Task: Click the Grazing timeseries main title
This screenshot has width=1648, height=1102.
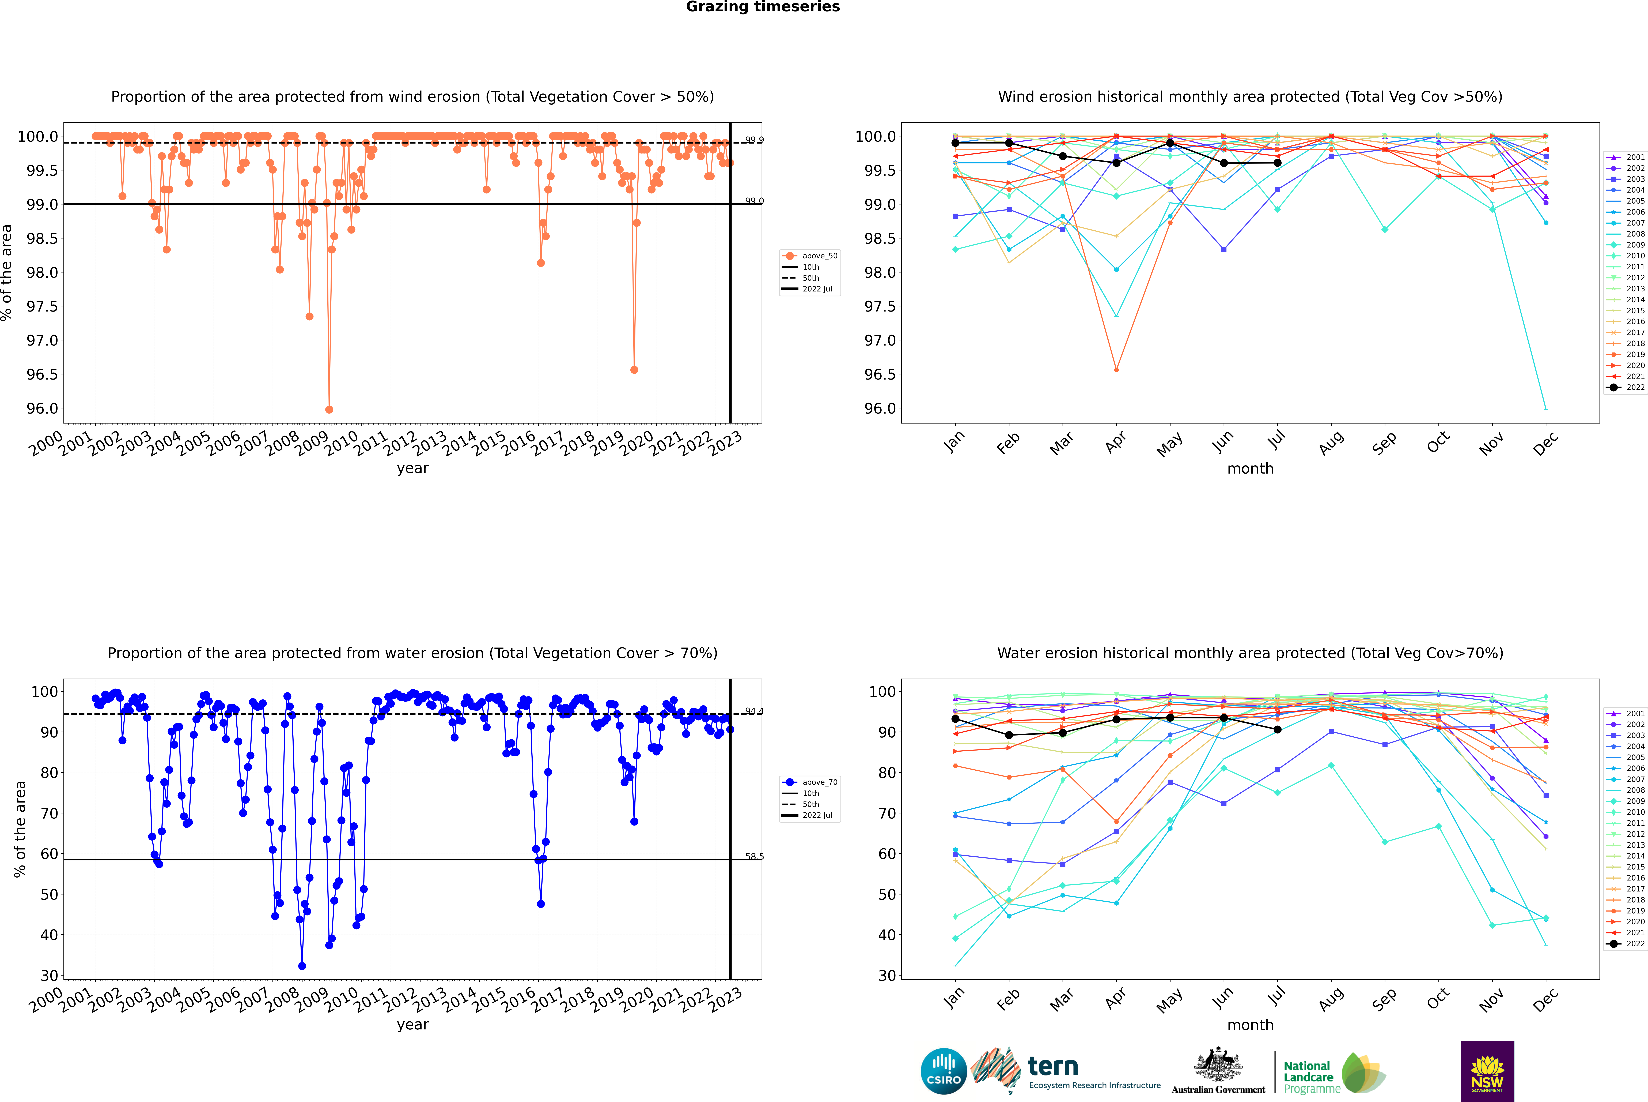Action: (763, 7)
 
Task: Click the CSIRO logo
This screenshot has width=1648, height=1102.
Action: (944, 1071)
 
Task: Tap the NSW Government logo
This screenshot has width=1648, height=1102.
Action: (1487, 1071)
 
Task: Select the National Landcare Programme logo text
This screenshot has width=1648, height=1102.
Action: (1308, 1077)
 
